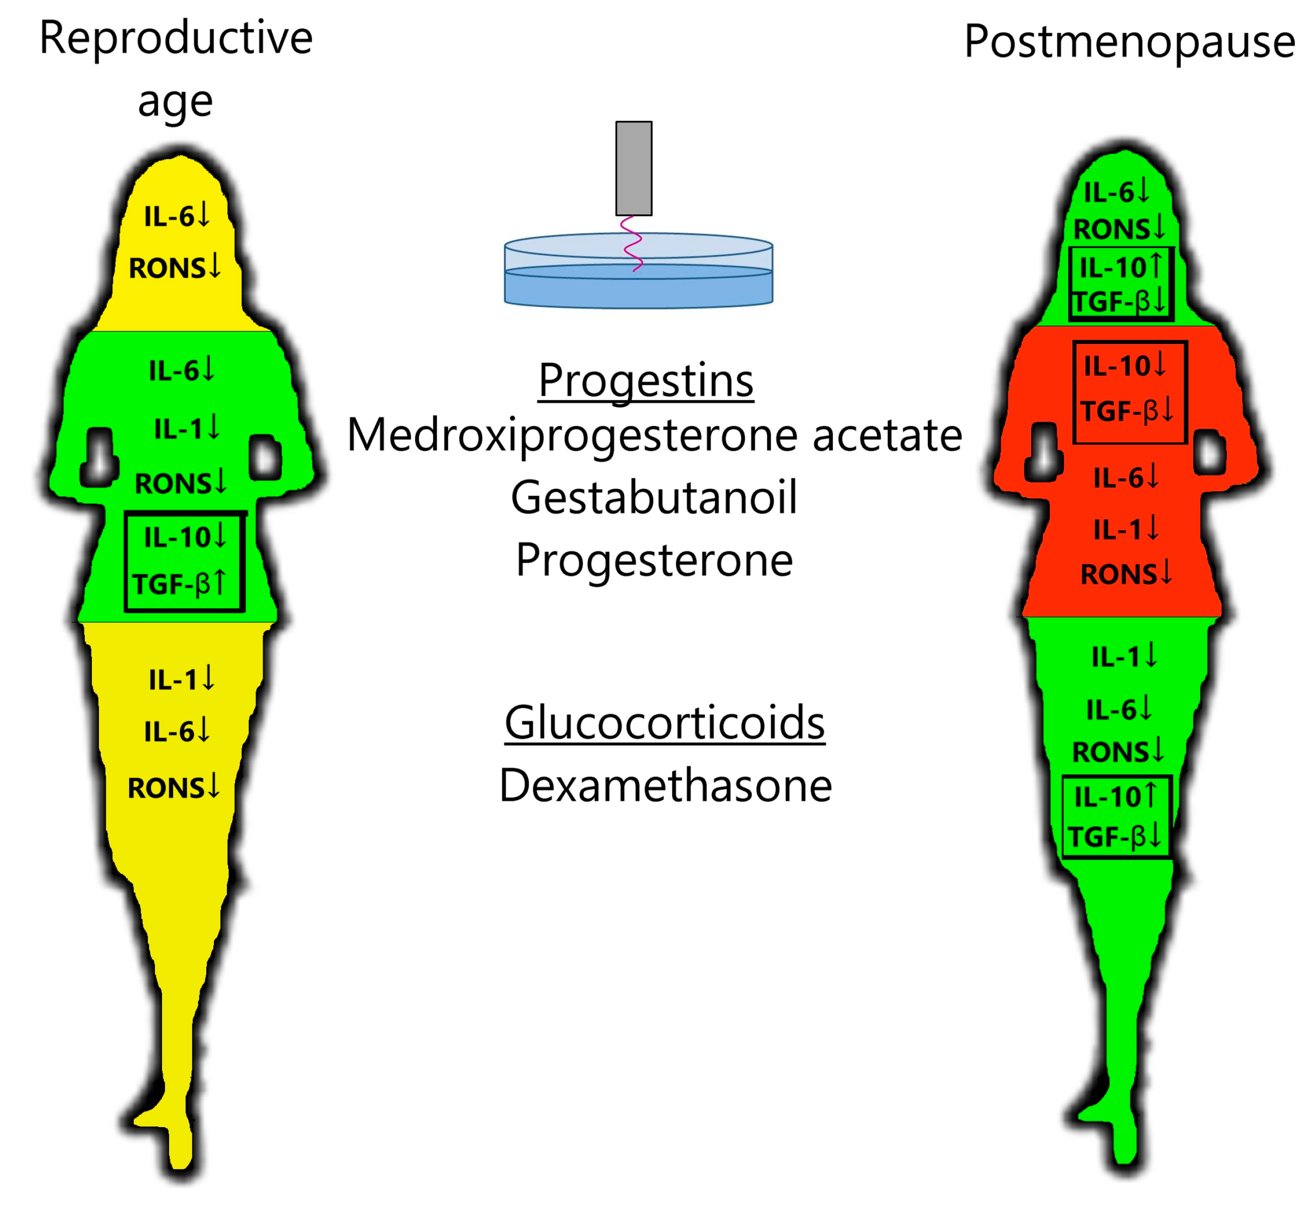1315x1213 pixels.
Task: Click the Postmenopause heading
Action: [1128, 41]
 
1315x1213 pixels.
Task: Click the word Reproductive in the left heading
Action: [176, 38]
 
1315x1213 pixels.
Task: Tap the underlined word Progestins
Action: [645, 380]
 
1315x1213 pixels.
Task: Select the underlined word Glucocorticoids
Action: [664, 722]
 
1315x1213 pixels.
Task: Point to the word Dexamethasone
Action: [665, 785]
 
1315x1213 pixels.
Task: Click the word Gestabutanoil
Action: [654, 497]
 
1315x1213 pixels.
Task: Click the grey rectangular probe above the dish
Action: [633, 168]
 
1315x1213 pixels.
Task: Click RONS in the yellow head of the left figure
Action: [167, 268]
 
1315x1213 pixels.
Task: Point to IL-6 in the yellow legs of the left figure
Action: [169, 731]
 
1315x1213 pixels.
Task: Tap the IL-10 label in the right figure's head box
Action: [1112, 268]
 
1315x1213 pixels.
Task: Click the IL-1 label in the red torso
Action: [1117, 530]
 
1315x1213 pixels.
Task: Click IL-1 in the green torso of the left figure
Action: [178, 429]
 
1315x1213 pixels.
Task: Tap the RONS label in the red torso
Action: [1117, 574]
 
